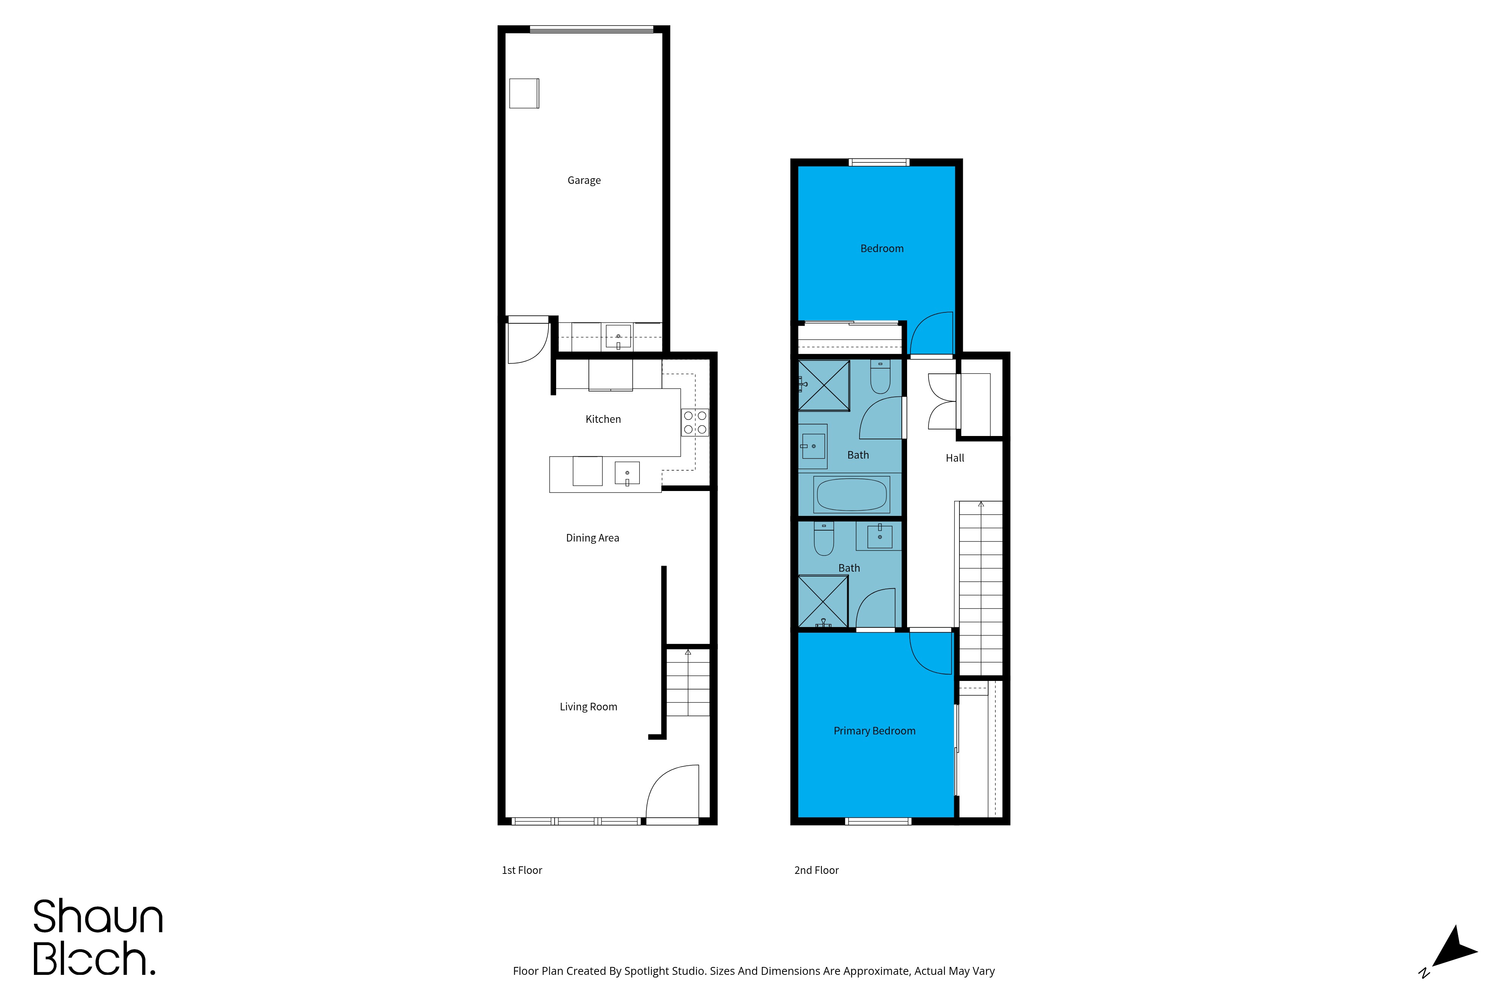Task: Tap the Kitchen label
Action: coord(603,419)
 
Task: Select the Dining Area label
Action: coord(592,538)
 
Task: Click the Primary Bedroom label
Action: coord(875,731)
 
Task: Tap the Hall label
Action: coord(955,457)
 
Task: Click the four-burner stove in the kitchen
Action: coord(695,422)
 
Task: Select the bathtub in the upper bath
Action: coord(852,494)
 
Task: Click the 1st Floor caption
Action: coord(522,870)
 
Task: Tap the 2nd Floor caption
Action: coord(816,870)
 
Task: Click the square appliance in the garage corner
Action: coord(524,93)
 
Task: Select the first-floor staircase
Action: coord(688,682)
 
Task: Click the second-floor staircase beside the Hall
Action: coord(980,588)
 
